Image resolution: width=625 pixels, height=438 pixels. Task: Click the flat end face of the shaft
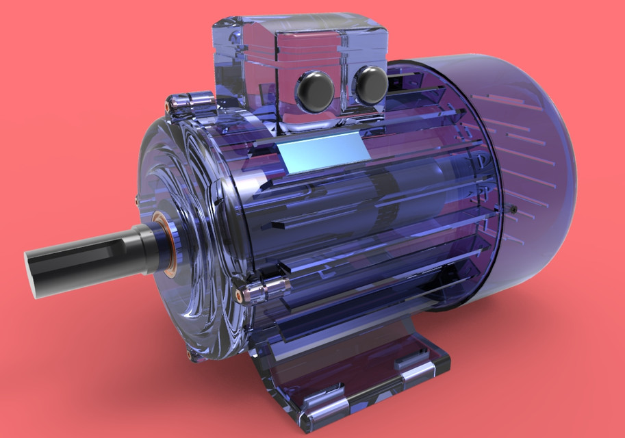coord(33,272)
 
